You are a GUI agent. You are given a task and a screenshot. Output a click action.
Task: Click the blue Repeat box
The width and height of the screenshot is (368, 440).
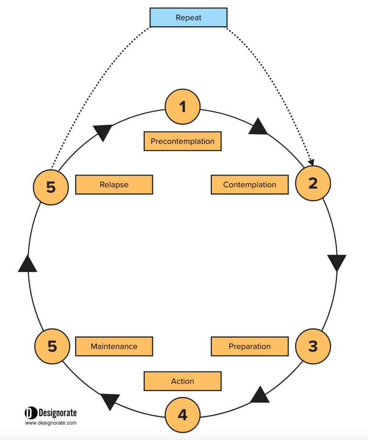[188, 17]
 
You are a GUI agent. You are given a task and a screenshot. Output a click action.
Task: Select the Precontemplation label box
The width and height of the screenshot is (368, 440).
[183, 141]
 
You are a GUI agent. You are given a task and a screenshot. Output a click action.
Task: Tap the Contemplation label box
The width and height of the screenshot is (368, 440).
[250, 185]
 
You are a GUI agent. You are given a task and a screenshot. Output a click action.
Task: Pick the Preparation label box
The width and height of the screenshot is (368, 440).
[250, 346]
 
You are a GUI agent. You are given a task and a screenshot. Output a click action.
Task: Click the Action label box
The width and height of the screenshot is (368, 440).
[183, 381]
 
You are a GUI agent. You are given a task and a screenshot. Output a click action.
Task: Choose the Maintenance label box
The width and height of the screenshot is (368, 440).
[114, 346]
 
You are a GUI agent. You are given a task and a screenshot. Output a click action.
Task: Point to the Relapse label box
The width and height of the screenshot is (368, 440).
[114, 185]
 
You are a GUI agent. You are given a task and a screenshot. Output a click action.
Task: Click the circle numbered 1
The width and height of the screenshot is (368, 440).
[183, 107]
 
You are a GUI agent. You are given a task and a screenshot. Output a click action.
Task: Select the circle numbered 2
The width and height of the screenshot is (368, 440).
[313, 183]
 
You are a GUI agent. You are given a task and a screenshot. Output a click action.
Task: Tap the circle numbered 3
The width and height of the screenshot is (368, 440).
[313, 346]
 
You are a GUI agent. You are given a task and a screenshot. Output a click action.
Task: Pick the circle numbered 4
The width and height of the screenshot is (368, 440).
[183, 415]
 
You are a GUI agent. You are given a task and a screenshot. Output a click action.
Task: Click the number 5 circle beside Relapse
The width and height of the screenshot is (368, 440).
[51, 187]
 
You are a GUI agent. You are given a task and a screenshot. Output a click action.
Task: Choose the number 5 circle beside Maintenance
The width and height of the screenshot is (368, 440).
[52, 346]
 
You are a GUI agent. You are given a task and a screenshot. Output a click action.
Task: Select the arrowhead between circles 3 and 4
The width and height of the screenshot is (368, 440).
[260, 395]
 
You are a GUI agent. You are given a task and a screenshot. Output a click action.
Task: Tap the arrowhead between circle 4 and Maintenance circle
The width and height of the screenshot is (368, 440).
[109, 401]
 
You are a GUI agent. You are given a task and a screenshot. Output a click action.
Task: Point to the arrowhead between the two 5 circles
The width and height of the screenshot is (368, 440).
[27, 264]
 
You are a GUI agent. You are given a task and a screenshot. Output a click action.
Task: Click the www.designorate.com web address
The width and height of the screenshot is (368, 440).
[51, 423]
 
